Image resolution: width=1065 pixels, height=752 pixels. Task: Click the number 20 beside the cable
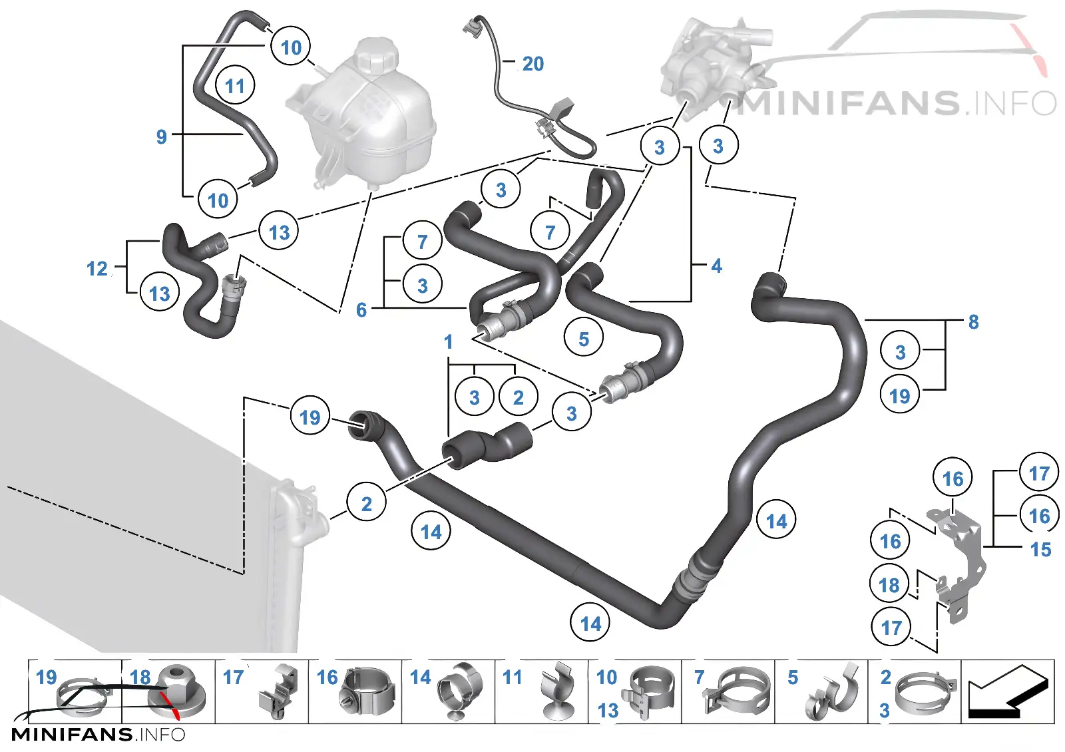tap(533, 64)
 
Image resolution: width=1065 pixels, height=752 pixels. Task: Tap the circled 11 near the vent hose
tap(235, 86)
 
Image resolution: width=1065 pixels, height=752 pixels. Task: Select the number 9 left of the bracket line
tap(162, 137)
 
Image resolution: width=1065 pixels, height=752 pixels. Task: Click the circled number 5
tap(584, 338)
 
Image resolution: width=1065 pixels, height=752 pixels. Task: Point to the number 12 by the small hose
tap(97, 269)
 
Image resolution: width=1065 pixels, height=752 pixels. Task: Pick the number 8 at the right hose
tap(974, 322)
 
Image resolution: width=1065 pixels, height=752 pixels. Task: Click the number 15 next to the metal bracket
tap(1041, 550)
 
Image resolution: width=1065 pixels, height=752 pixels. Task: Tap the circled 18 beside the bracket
tap(889, 584)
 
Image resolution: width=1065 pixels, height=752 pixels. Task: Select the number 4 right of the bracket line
tap(717, 266)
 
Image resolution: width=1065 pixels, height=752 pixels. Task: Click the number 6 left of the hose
tap(361, 310)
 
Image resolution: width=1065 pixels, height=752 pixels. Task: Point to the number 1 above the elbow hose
tap(449, 342)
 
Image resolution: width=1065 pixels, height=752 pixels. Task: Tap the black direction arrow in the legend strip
tap(1008, 691)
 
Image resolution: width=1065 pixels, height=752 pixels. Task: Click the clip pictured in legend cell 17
tap(279, 691)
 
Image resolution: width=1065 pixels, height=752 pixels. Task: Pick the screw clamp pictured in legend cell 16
tap(367, 692)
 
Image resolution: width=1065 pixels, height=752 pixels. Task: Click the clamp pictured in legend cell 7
tap(736, 691)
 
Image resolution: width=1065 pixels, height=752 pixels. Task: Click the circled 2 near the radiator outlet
tap(366, 503)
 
